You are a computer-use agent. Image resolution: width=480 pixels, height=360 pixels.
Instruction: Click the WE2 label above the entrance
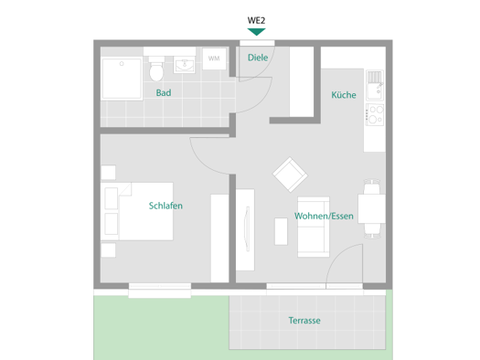pyautogui.click(x=256, y=20)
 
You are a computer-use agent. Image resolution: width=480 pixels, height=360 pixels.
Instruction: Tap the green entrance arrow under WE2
pyautogui.click(x=256, y=32)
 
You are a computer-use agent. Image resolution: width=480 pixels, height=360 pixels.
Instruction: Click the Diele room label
pyautogui.click(x=258, y=58)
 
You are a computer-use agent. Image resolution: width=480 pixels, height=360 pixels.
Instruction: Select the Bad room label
pyautogui.click(x=164, y=92)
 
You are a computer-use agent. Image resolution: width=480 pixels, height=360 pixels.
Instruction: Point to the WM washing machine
pyautogui.click(x=214, y=58)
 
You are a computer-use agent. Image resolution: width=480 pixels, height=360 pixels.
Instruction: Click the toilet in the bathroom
pyautogui.click(x=156, y=69)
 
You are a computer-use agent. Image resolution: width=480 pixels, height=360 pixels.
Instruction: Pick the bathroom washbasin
pyautogui.click(x=185, y=65)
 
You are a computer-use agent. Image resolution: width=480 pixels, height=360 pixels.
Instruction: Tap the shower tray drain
pyautogui.click(x=122, y=64)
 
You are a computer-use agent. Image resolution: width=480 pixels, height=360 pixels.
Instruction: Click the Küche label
pyautogui.click(x=344, y=95)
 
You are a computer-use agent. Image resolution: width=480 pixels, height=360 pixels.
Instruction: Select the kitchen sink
pyautogui.click(x=375, y=85)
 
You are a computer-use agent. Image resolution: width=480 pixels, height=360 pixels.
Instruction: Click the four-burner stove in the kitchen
pyautogui.click(x=375, y=115)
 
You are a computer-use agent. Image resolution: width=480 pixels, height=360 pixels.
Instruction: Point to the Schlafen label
pyautogui.click(x=165, y=206)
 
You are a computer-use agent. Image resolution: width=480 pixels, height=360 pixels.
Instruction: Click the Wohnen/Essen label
pyautogui.click(x=324, y=216)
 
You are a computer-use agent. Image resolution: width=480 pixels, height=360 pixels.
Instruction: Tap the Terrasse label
pyautogui.click(x=304, y=320)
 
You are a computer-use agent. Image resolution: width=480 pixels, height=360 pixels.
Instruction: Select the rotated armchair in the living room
pyautogui.click(x=290, y=175)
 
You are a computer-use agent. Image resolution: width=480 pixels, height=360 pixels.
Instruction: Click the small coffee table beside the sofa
pyautogui.click(x=281, y=231)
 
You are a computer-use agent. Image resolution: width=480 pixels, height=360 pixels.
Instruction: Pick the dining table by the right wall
pyautogui.click(x=371, y=208)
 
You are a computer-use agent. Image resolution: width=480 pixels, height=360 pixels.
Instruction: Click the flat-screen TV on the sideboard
pyautogui.click(x=247, y=228)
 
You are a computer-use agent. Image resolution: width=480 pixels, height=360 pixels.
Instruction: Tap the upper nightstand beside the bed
pyautogui.click(x=109, y=173)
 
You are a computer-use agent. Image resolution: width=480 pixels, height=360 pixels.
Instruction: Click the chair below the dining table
pyautogui.click(x=372, y=230)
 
